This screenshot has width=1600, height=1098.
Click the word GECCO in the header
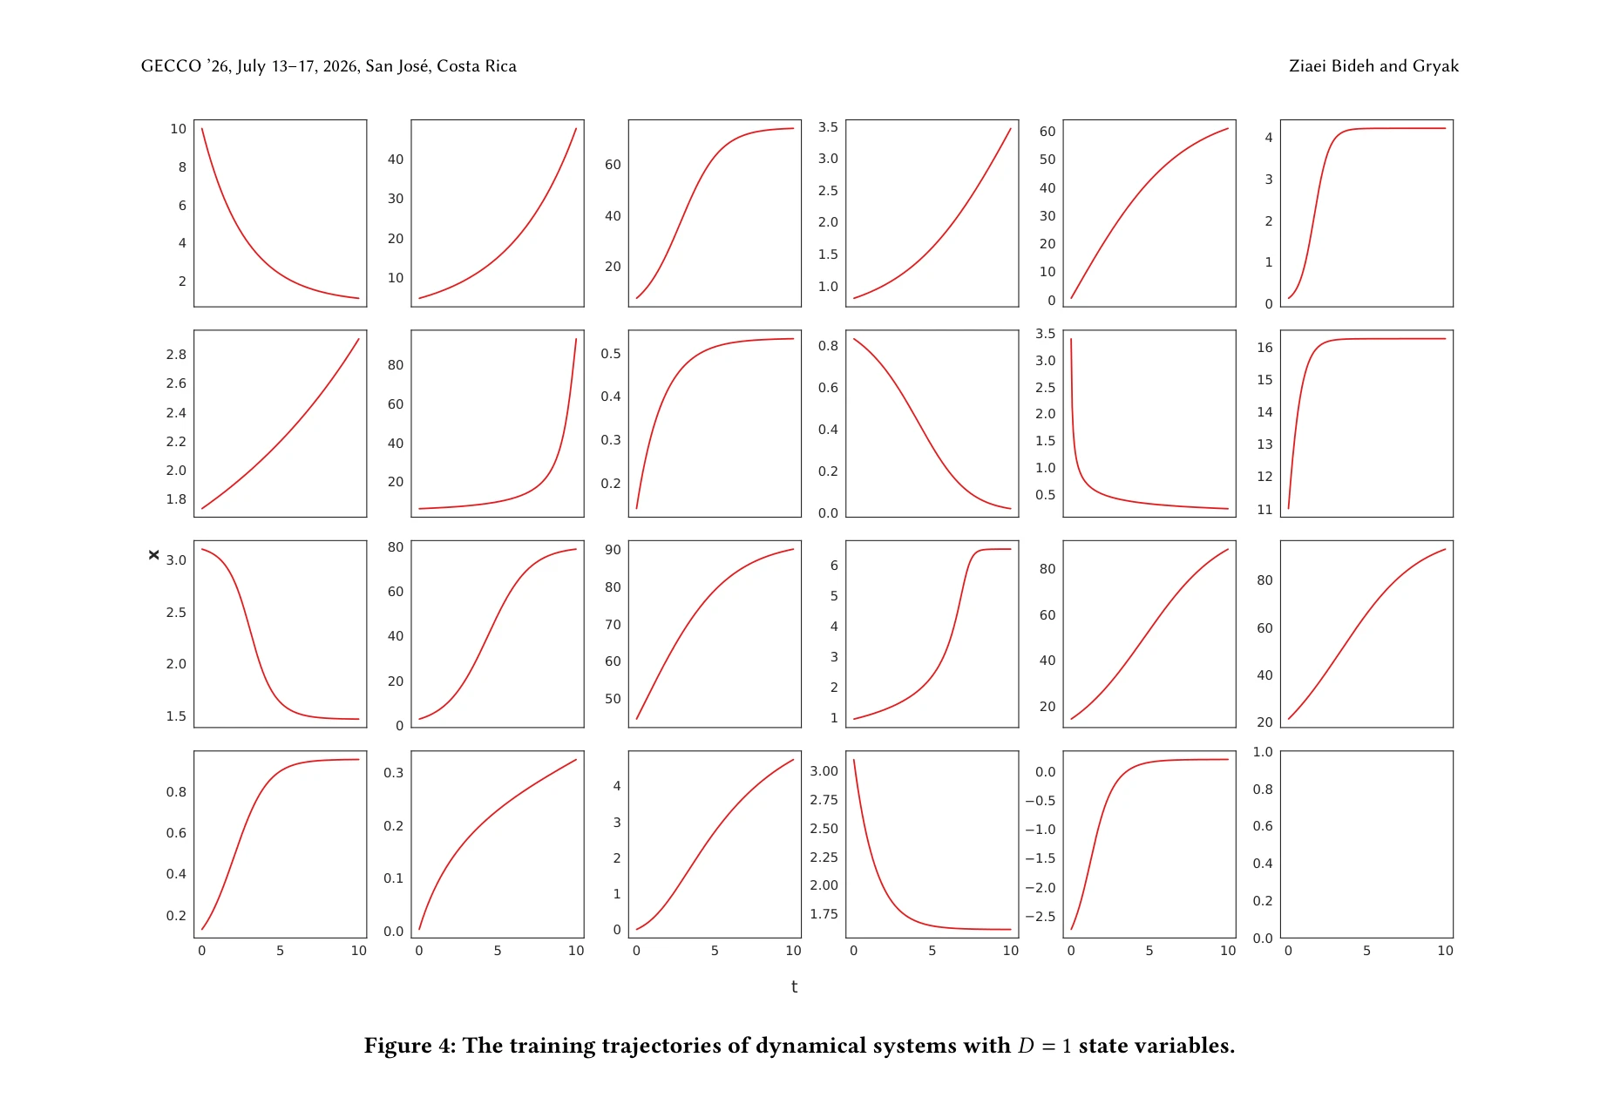(x=171, y=66)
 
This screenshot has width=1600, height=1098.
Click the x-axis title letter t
(x=794, y=986)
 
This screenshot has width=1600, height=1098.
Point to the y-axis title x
(x=154, y=555)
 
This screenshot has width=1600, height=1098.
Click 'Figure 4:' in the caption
(x=410, y=1046)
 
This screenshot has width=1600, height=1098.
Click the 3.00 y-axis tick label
(x=824, y=771)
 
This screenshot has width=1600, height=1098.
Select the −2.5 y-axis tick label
(x=1041, y=917)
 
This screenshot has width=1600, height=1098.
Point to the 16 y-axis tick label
(x=1264, y=348)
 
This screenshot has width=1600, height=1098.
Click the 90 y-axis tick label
(x=613, y=550)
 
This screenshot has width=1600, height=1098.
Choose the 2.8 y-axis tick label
(x=176, y=355)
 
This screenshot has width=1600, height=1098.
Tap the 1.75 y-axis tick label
(x=824, y=914)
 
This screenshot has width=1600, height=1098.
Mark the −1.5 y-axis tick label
(x=1041, y=858)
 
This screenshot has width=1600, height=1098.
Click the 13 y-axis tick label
(x=1264, y=444)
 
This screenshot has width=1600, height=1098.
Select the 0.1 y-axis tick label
(x=394, y=878)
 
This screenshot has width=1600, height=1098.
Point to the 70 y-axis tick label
(x=613, y=625)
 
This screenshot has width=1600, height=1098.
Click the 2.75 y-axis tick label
(x=824, y=800)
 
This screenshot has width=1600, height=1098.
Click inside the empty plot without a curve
(x=1366, y=844)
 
